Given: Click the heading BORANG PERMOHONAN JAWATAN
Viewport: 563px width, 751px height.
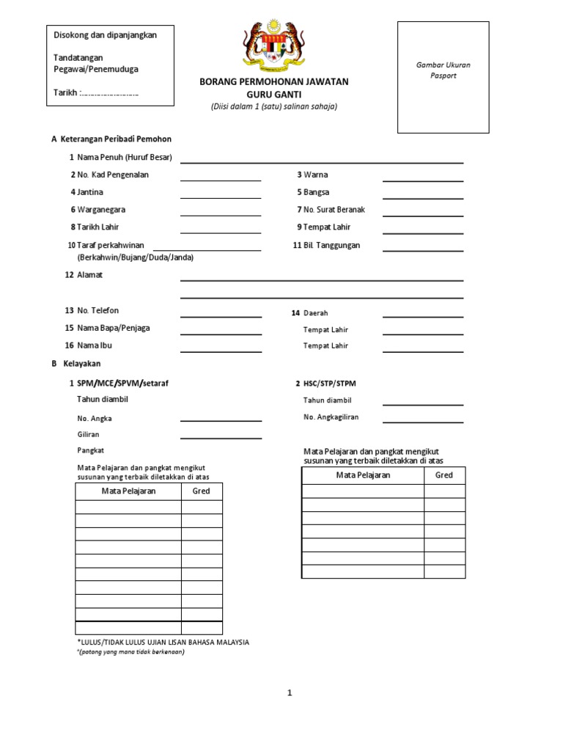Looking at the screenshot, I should (274, 81).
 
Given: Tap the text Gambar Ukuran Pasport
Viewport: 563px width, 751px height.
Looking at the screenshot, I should (443, 70).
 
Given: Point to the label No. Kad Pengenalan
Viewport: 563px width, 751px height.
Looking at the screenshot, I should (112, 175).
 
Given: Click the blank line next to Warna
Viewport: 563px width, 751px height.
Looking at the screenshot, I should (422, 180).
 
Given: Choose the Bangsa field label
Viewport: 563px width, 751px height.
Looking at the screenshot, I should (316, 192).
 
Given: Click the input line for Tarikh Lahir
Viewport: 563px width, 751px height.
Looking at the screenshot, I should (221, 232).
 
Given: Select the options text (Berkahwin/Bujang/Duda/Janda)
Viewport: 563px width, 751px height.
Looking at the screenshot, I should (135, 258).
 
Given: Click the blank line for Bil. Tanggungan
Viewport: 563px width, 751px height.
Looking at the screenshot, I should (422, 251).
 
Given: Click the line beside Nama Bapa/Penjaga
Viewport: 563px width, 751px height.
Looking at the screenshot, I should (221, 334).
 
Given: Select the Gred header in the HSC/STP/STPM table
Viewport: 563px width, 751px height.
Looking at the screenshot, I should (444, 475).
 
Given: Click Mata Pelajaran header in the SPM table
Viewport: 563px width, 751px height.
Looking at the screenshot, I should (128, 491).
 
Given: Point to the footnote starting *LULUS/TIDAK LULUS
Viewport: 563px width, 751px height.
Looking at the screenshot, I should (163, 642).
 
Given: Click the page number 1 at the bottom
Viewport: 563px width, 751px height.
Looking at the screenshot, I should (290, 693).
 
